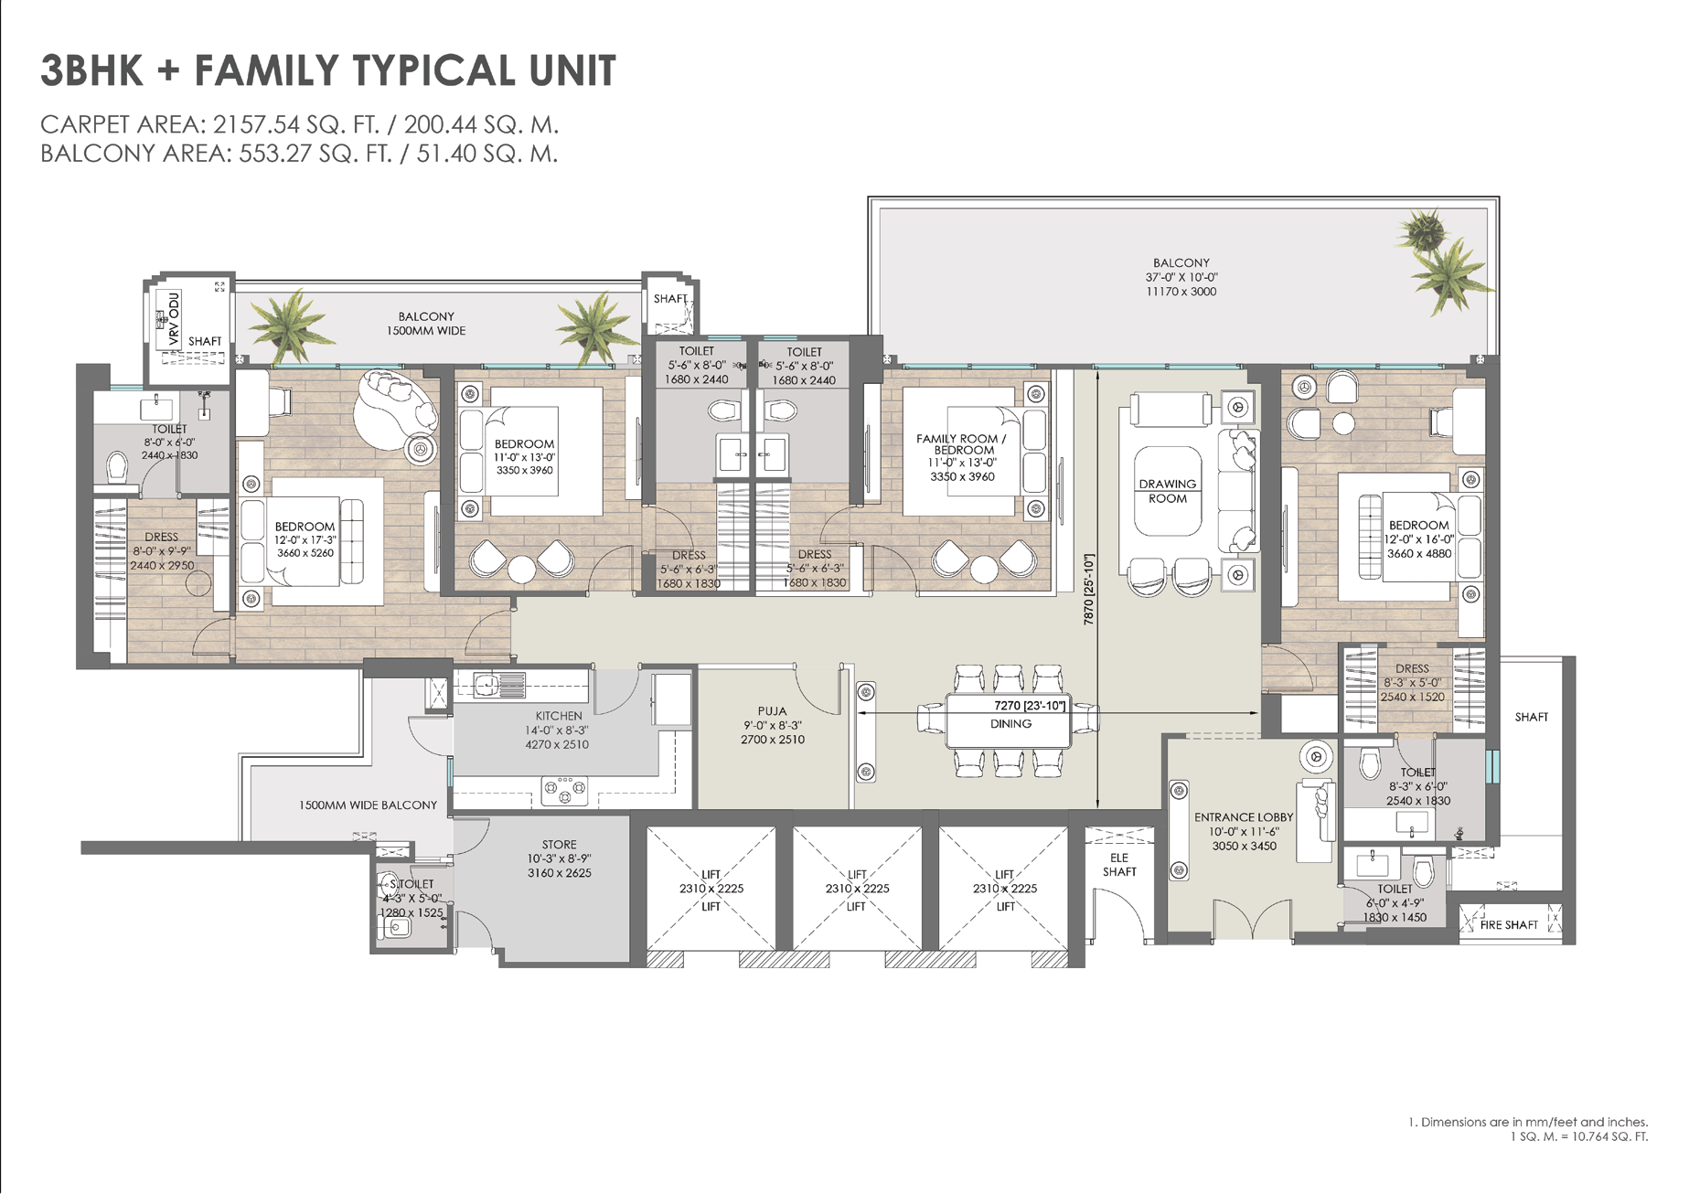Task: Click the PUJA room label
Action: tap(772, 710)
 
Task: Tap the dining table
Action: tap(1009, 721)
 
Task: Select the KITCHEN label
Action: tap(558, 716)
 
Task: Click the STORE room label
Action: tap(559, 845)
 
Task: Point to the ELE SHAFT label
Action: tap(1119, 865)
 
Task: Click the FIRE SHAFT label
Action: tap(1509, 924)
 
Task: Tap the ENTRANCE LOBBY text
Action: tap(1244, 817)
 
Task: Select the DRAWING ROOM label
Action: tap(1168, 491)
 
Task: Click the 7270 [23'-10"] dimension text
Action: tap(1030, 706)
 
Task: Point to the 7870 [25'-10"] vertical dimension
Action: tap(1088, 589)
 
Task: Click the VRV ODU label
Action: tap(174, 319)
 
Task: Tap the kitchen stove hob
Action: tap(564, 791)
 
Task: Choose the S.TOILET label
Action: tap(412, 884)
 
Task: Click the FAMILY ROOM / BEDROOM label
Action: tap(961, 444)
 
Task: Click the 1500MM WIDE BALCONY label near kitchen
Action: tap(368, 805)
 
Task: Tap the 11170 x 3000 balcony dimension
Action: tap(1181, 292)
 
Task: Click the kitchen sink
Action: tap(499, 684)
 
